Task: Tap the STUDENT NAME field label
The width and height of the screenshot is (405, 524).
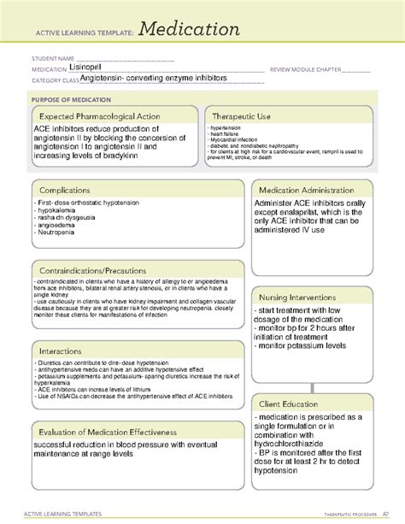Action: pyautogui.click(x=48, y=59)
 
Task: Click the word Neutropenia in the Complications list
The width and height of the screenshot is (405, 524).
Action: pyautogui.click(x=57, y=233)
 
